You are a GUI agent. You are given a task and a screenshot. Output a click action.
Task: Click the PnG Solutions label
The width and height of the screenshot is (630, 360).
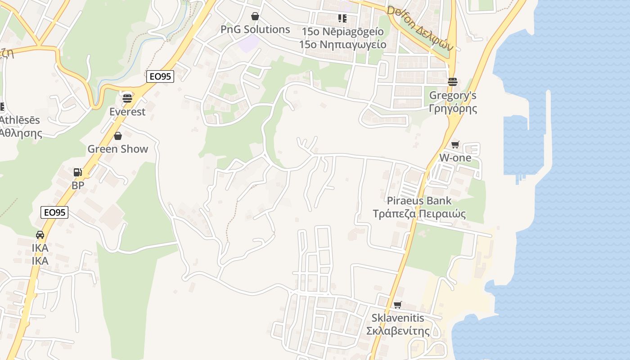click(x=255, y=30)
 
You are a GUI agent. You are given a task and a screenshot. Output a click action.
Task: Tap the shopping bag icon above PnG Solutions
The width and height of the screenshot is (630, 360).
click(x=255, y=17)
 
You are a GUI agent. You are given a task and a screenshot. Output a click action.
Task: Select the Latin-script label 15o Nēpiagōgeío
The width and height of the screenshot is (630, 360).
click(x=342, y=31)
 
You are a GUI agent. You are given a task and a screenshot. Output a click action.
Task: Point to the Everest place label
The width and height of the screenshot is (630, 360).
click(x=127, y=112)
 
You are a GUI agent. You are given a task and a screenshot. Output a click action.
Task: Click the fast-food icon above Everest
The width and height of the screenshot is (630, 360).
click(x=127, y=98)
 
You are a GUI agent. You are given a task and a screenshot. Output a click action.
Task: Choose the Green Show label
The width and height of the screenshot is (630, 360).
click(x=117, y=149)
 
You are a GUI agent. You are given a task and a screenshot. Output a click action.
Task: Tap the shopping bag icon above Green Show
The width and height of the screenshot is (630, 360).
click(x=118, y=135)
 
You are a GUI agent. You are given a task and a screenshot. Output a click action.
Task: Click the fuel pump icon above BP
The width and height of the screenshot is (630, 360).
click(x=77, y=172)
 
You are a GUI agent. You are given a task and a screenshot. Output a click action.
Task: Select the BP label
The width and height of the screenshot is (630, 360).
click(x=78, y=185)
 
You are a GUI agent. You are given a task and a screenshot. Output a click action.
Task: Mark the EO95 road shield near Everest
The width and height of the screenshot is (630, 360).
click(x=160, y=76)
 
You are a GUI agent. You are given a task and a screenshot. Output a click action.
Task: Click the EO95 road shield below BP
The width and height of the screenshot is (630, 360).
click(x=54, y=212)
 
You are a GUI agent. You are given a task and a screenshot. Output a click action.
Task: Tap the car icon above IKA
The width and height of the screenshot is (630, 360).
click(x=40, y=234)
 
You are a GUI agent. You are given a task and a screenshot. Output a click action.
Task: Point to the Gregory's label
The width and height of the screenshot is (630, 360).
click(x=453, y=95)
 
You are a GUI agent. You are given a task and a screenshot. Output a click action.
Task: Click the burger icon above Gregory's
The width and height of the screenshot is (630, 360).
click(x=453, y=81)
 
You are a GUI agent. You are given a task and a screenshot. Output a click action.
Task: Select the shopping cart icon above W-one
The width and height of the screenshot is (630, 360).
click(x=455, y=144)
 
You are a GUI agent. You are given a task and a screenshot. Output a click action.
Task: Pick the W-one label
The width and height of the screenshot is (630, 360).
click(x=455, y=157)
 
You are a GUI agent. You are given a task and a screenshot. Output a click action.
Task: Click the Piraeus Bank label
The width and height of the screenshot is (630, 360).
click(x=419, y=201)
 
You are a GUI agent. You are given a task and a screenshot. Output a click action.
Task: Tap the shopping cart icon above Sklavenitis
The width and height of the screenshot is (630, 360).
click(x=397, y=305)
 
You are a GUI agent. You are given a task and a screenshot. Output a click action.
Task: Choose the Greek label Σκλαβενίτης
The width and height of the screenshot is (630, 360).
click(x=397, y=331)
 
